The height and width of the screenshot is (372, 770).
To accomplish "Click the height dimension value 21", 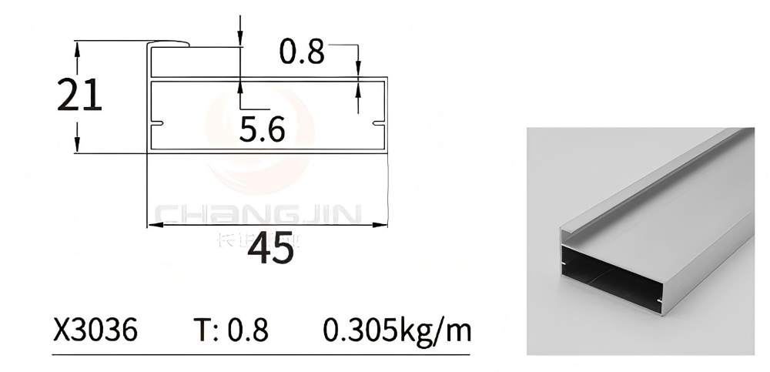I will click(x=79, y=96).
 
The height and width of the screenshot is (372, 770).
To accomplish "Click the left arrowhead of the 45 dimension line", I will click(x=152, y=225).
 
